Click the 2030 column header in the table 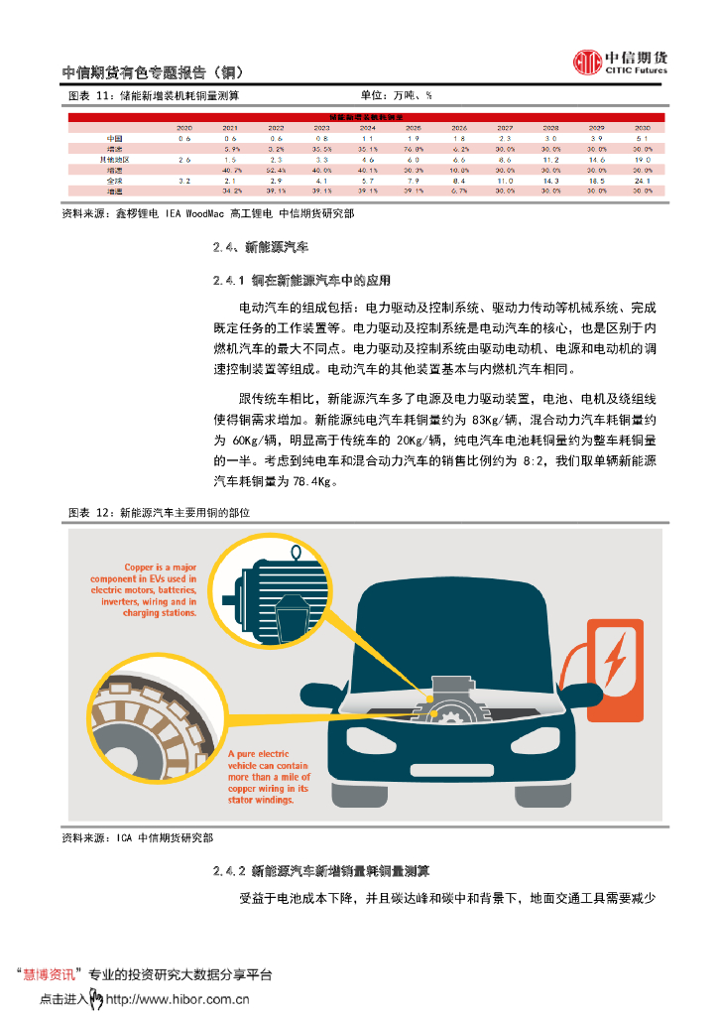click(x=642, y=129)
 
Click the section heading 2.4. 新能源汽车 click(x=262, y=245)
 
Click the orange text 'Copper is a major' click(x=159, y=567)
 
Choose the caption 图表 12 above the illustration click(x=92, y=513)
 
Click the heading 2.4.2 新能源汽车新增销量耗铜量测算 click(x=320, y=871)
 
